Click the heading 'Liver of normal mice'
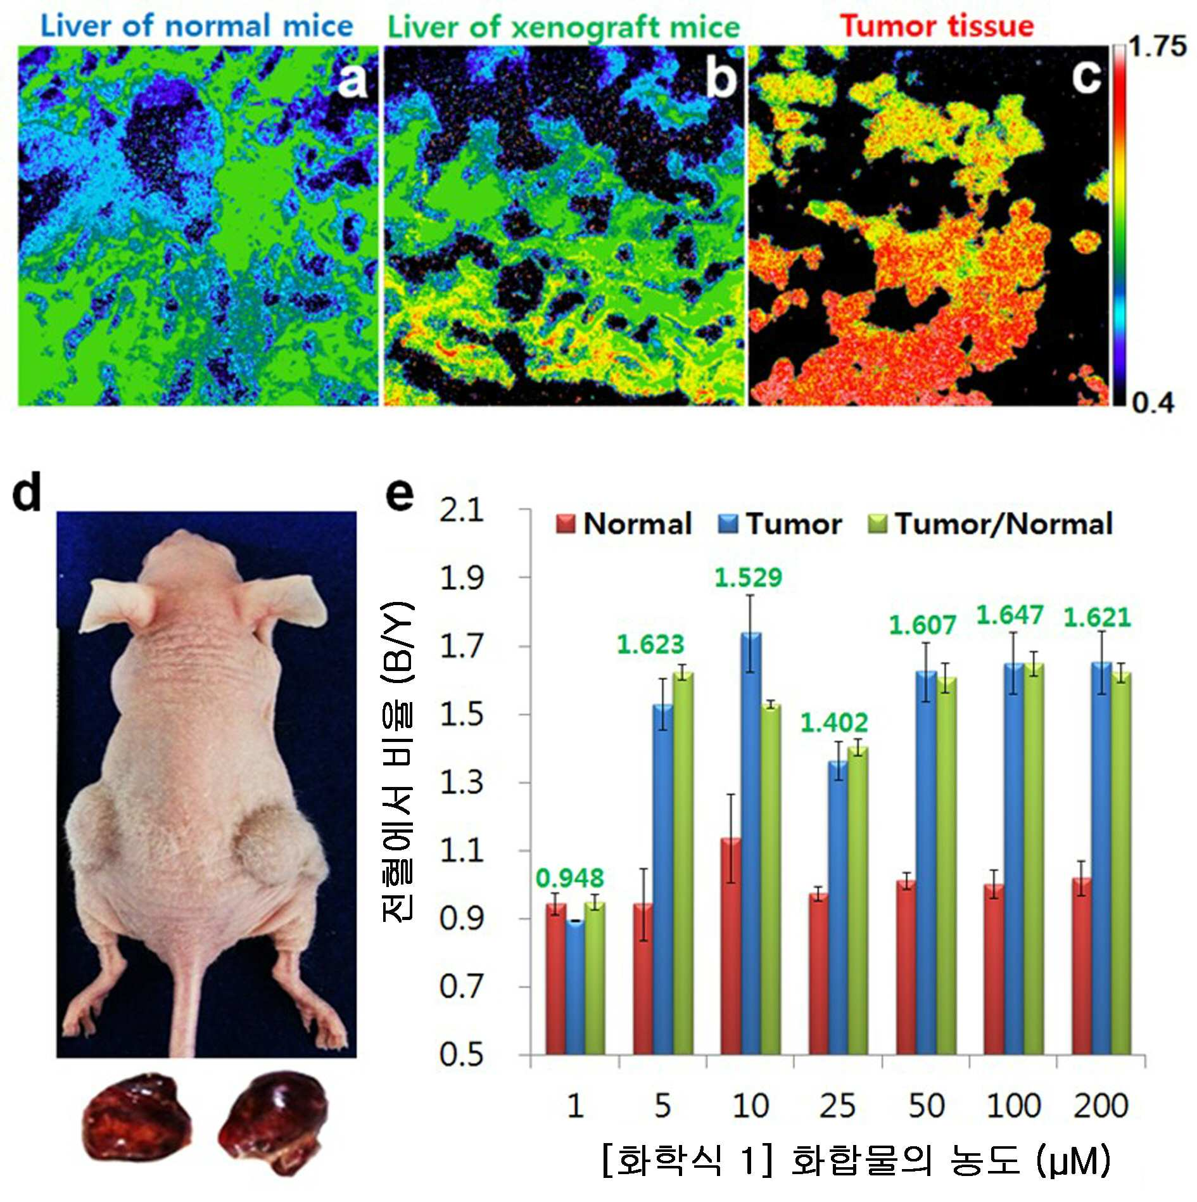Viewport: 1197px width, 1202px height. click(196, 27)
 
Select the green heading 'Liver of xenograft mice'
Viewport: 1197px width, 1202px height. click(563, 28)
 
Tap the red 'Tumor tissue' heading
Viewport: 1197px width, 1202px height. click(937, 27)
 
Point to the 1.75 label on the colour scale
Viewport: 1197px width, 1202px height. click(1158, 46)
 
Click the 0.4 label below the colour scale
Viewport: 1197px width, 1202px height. click(1153, 403)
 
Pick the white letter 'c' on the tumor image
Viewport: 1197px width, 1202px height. click(1086, 77)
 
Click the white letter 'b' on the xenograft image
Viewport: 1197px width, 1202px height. click(721, 77)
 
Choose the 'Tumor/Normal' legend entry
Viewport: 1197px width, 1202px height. click(990, 524)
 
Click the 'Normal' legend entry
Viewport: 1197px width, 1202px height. click(624, 524)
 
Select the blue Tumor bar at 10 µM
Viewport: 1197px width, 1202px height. click(750, 843)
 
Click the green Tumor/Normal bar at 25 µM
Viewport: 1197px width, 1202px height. click(858, 901)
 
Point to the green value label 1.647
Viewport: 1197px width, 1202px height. click(1010, 615)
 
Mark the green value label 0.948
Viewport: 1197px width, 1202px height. click(570, 878)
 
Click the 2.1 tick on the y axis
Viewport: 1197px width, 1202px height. click(462, 510)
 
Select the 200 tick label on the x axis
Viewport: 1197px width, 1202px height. click(1101, 1106)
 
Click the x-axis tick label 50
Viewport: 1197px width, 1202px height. click(926, 1106)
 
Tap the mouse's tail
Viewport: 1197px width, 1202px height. click(194, 1001)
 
